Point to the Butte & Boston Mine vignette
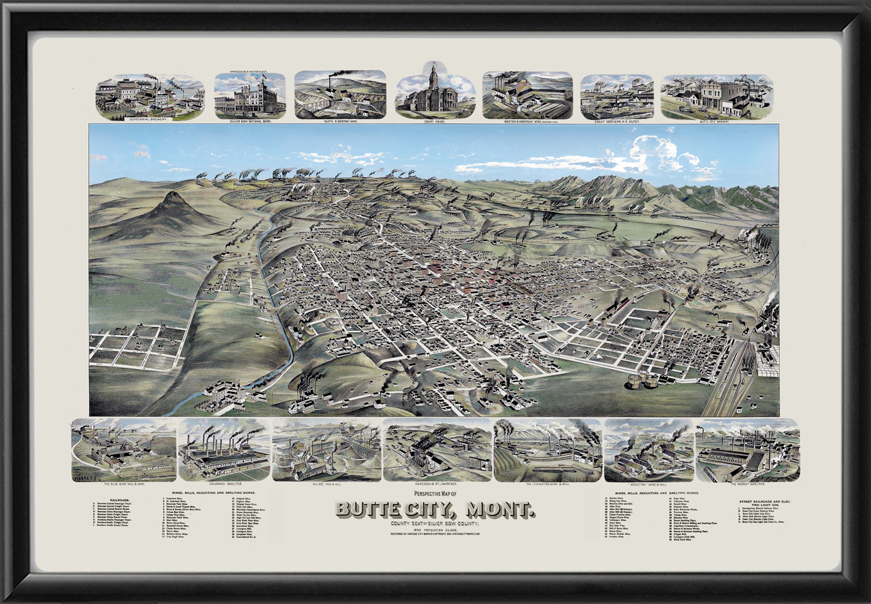point(340,95)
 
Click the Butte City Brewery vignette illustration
point(716,96)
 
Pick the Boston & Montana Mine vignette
point(527,95)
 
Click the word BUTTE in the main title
point(383,510)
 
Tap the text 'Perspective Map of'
point(435,494)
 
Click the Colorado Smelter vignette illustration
point(223,450)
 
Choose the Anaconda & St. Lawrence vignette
point(436,450)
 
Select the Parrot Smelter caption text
point(747,484)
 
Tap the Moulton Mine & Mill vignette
point(648,450)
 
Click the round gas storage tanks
point(643,381)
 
